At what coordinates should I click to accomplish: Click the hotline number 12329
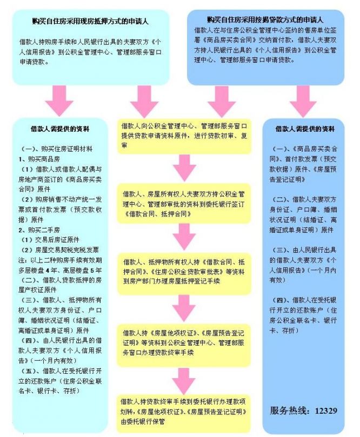pos(326,411)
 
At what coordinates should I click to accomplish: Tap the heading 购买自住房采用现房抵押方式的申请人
pos(90,21)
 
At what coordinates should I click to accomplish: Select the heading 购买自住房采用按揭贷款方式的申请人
pos(265,19)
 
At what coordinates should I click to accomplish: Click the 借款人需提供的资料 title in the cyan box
pos(60,129)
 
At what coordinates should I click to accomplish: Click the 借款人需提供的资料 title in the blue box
pos(305,129)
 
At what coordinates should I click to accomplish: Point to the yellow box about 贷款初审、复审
pos(184,137)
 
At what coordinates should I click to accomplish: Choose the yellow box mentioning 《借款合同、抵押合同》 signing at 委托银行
pos(184,204)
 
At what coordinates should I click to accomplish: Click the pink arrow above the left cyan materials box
pos(59,100)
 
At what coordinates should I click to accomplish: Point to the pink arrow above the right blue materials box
pos(303,101)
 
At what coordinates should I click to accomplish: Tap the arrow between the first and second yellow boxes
pos(184,169)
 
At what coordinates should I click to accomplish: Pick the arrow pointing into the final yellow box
pos(183,381)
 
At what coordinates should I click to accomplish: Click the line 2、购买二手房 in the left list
pos(39,230)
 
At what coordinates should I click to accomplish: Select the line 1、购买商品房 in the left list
pos(39,159)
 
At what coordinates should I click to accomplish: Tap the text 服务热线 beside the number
pos(288,411)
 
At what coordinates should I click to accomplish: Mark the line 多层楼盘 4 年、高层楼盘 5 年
pos(60,270)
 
